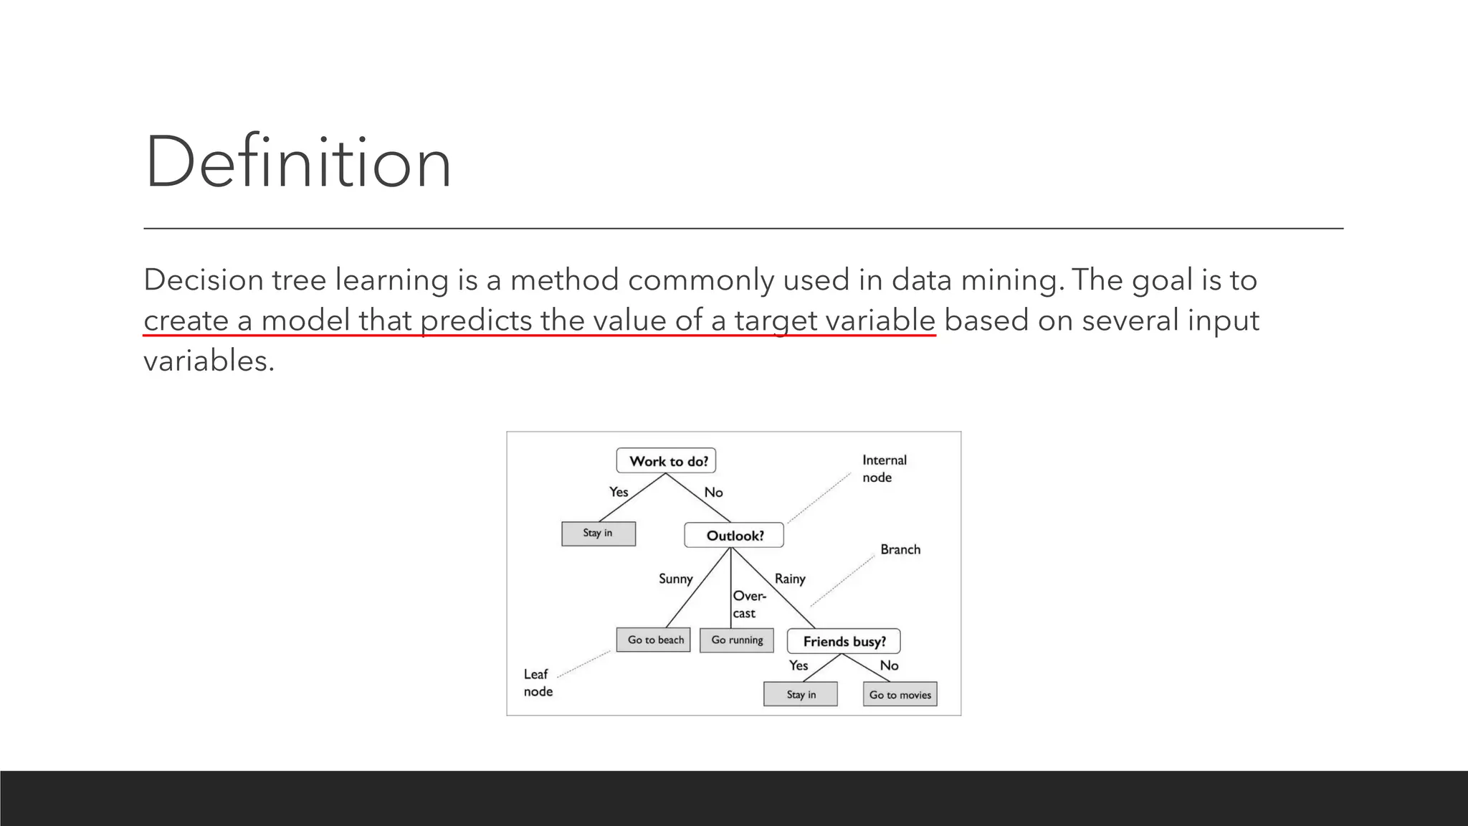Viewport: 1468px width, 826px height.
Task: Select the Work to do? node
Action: (x=667, y=461)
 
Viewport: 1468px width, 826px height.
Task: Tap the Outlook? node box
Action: (x=734, y=536)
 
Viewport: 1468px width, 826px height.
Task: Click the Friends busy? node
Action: (x=844, y=641)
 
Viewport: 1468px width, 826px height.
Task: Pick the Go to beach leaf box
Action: (x=654, y=640)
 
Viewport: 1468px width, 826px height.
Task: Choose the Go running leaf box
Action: (x=737, y=640)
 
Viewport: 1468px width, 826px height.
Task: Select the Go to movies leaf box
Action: (x=900, y=694)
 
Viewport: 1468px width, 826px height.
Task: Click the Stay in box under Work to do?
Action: (x=598, y=533)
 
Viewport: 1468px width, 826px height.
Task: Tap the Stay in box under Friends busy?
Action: (x=801, y=694)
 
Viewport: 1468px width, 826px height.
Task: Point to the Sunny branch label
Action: (x=675, y=579)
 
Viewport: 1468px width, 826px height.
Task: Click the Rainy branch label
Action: (x=790, y=579)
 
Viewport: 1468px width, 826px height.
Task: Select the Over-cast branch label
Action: (x=748, y=604)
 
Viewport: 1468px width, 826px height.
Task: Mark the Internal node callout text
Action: (x=884, y=468)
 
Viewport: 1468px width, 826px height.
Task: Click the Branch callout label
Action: (x=900, y=549)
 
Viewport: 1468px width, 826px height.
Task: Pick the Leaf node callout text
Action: (x=538, y=683)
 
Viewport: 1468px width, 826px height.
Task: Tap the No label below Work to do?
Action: (x=713, y=493)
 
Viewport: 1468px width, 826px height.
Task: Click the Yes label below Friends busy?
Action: (x=799, y=665)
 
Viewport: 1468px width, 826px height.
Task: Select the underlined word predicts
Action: (x=476, y=320)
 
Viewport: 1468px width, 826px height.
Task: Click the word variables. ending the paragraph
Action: (x=209, y=361)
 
